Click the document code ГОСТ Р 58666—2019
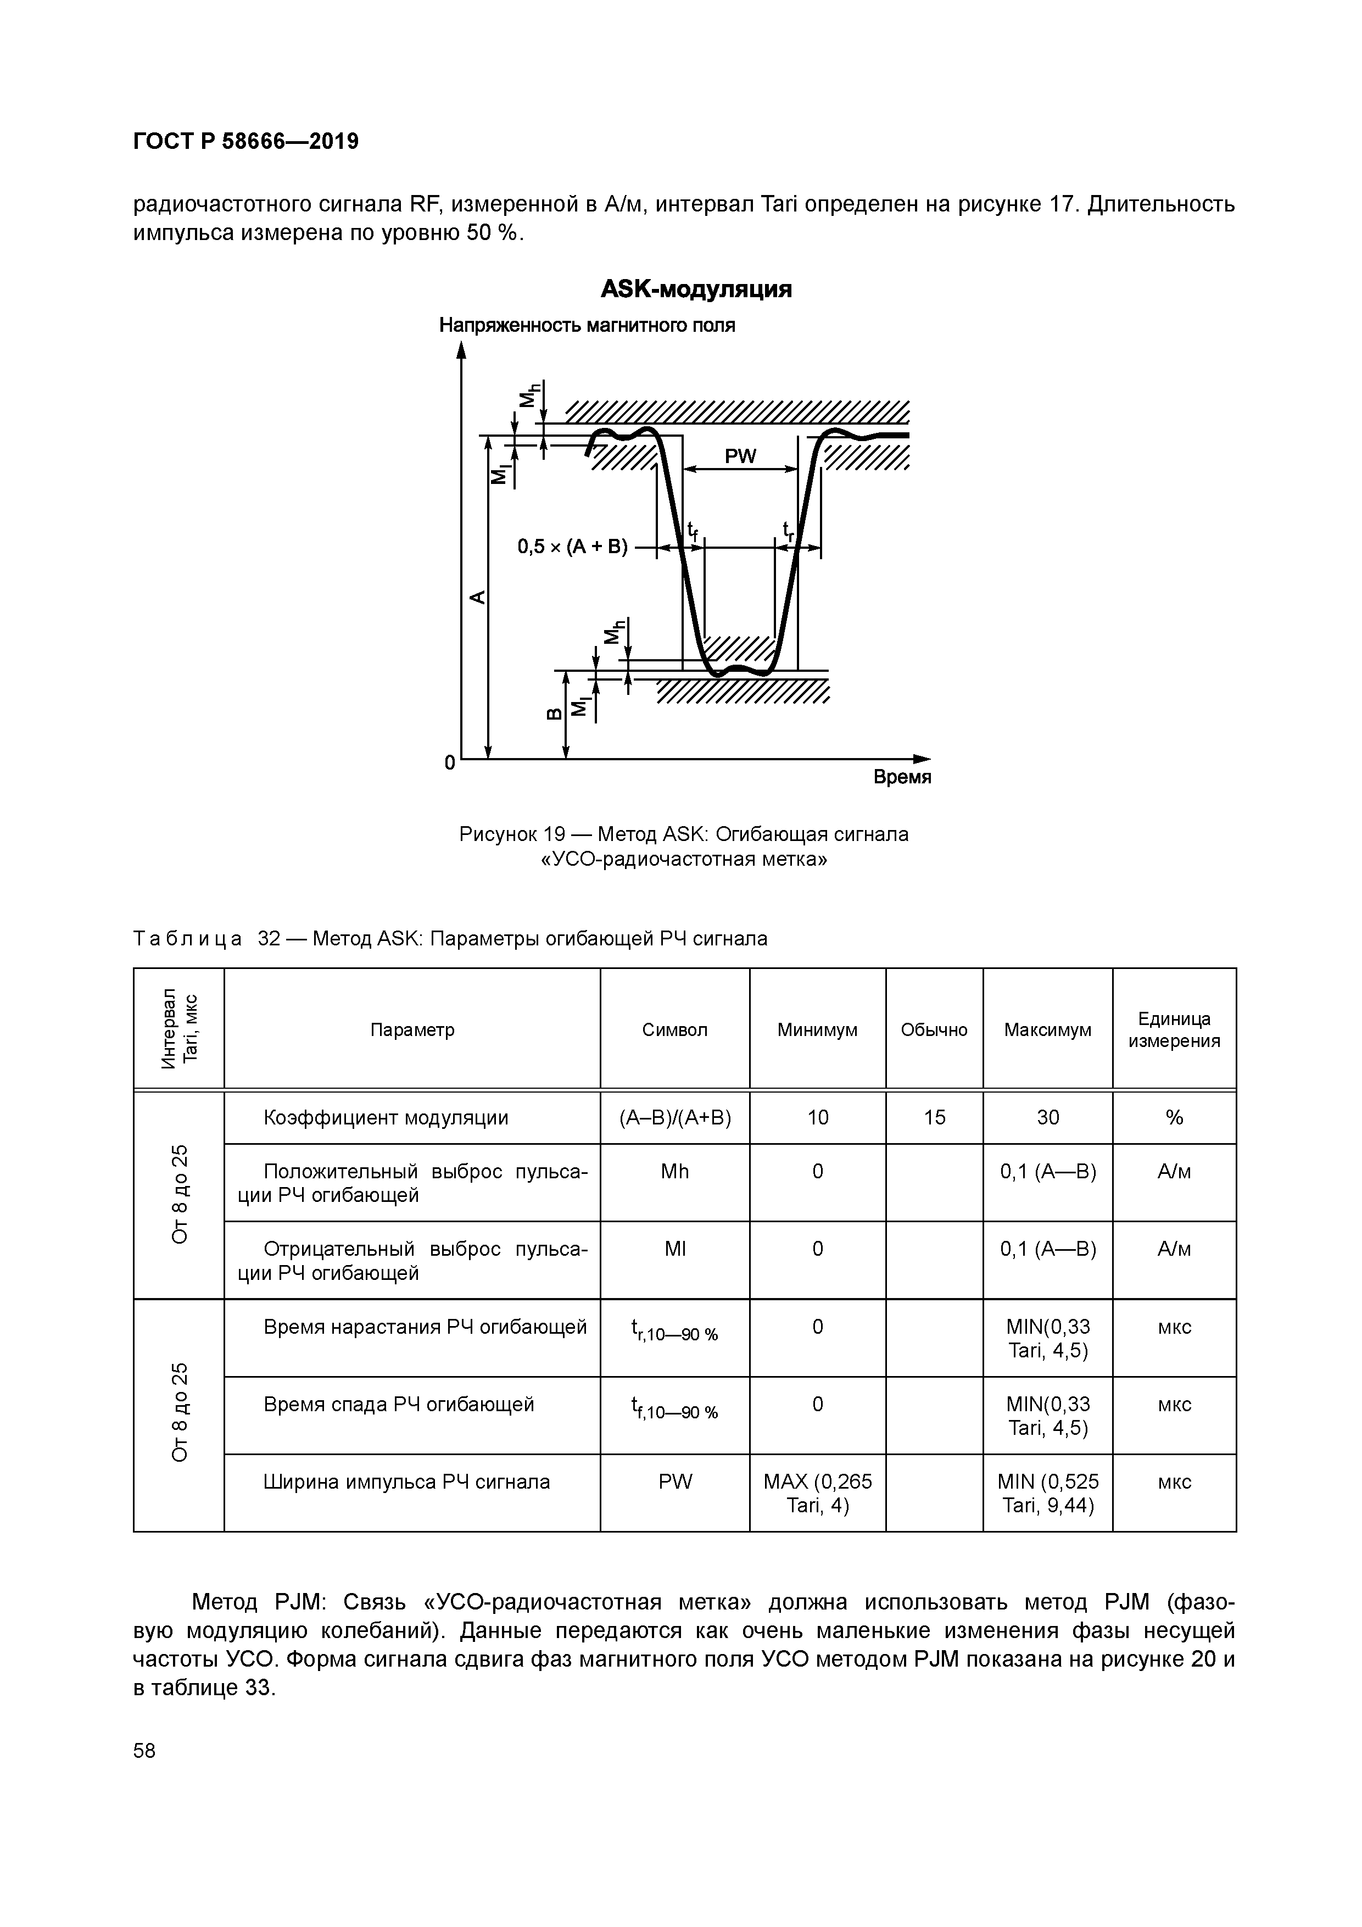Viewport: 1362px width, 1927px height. click(x=246, y=141)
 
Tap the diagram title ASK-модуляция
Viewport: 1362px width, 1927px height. click(x=696, y=289)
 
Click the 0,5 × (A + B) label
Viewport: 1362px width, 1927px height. click(x=572, y=547)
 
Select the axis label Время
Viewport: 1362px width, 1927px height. click(x=902, y=777)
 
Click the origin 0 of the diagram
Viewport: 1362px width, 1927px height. click(x=450, y=763)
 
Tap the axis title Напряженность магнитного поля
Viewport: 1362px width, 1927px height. click(x=588, y=326)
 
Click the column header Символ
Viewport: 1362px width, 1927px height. click(x=675, y=1030)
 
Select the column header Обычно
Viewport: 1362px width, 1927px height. click(x=934, y=1030)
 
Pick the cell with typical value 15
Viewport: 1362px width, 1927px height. click(x=934, y=1117)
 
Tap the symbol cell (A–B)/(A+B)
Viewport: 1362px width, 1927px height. click(x=675, y=1117)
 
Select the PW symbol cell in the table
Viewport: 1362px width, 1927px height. click(x=675, y=1482)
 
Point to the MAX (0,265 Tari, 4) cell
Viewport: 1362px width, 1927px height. click(x=817, y=1494)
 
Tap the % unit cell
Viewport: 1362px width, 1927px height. click(x=1174, y=1117)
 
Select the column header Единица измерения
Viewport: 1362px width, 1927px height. click(x=1174, y=1030)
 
